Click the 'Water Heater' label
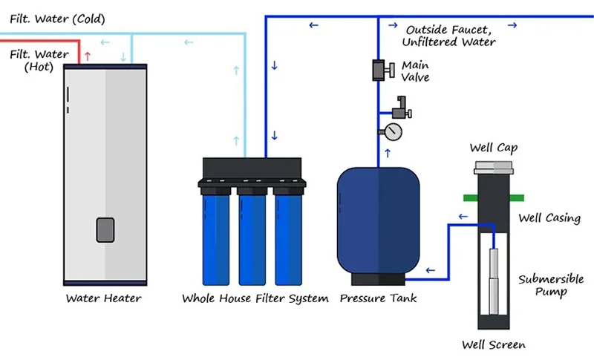tap(103, 299)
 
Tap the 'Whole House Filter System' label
tap(255, 299)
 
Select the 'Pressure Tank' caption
tap(378, 299)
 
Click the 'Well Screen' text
tap(493, 345)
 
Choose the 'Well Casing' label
tap(549, 218)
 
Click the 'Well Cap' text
tap(493, 148)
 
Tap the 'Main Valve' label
tap(415, 71)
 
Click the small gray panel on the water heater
tap(105, 230)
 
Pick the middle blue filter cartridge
tap(252, 238)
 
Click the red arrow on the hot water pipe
tap(88, 56)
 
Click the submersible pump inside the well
tap(493, 282)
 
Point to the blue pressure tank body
tap(371, 223)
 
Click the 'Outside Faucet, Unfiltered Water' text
tap(450, 36)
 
